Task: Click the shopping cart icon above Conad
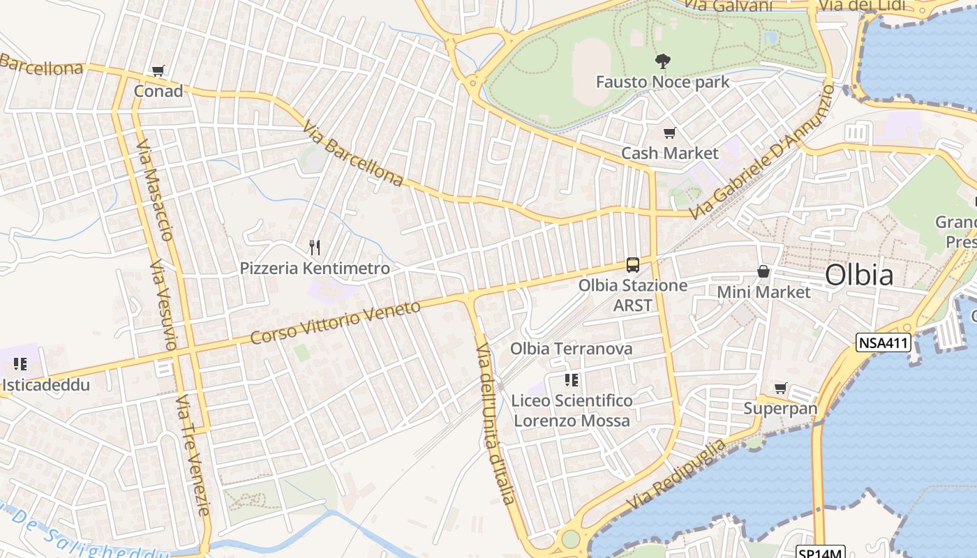(x=158, y=70)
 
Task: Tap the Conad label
(x=158, y=91)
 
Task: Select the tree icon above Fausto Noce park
(x=662, y=61)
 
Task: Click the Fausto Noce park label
(x=662, y=82)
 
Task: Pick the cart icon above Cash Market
(x=670, y=133)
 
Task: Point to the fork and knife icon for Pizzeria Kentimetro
(x=315, y=247)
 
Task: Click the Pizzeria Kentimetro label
(x=315, y=268)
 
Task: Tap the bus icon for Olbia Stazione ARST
(x=633, y=264)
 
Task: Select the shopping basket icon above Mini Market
(x=763, y=271)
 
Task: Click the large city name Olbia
(x=859, y=275)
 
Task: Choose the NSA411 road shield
(x=883, y=342)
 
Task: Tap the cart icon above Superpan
(x=780, y=388)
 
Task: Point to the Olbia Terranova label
(x=572, y=348)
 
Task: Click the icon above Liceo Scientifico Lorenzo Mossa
(x=572, y=380)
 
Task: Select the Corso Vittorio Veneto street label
(x=336, y=322)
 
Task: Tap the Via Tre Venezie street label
(x=193, y=455)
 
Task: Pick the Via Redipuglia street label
(x=676, y=475)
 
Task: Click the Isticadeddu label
(x=46, y=384)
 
